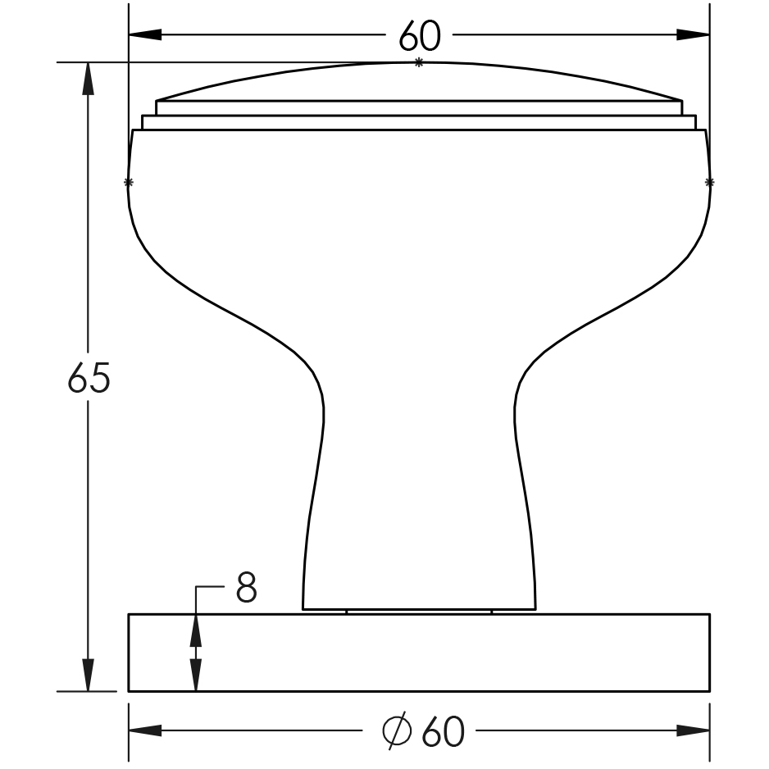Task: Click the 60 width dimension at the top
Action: (x=419, y=35)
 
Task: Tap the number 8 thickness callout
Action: (x=246, y=588)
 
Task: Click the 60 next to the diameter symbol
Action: (x=443, y=731)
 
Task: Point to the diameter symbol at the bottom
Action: (x=396, y=731)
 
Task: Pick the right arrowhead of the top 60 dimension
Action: (x=694, y=35)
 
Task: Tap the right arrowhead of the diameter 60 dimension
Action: (x=694, y=730)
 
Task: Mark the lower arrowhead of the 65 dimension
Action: (x=89, y=676)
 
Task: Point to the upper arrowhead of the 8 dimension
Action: (x=195, y=630)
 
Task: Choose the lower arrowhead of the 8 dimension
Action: (x=195, y=674)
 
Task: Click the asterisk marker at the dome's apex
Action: (x=419, y=63)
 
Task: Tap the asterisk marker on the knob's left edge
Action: (x=128, y=182)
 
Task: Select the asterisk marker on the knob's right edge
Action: (x=709, y=182)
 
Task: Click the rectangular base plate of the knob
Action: (x=419, y=653)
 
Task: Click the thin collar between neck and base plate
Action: (x=419, y=612)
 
